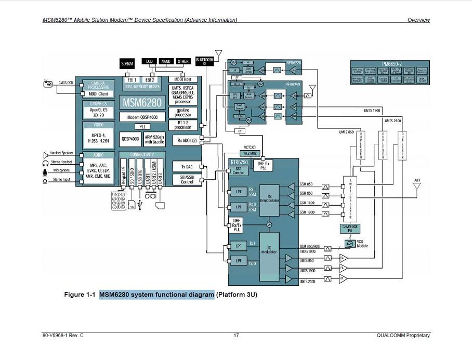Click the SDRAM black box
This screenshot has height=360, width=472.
(x=127, y=64)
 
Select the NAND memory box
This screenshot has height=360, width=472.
(x=165, y=61)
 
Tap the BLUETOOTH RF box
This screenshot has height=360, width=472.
(x=205, y=61)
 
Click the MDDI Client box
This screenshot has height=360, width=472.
(x=99, y=94)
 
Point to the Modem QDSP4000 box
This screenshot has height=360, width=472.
(x=142, y=117)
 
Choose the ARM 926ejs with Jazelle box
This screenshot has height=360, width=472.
(x=155, y=139)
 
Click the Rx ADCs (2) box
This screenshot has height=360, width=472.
(x=187, y=140)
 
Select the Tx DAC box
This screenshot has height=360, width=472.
(x=187, y=167)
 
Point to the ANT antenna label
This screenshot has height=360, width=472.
(x=417, y=181)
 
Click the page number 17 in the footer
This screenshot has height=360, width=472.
(x=236, y=335)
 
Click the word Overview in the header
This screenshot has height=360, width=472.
(x=418, y=20)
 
